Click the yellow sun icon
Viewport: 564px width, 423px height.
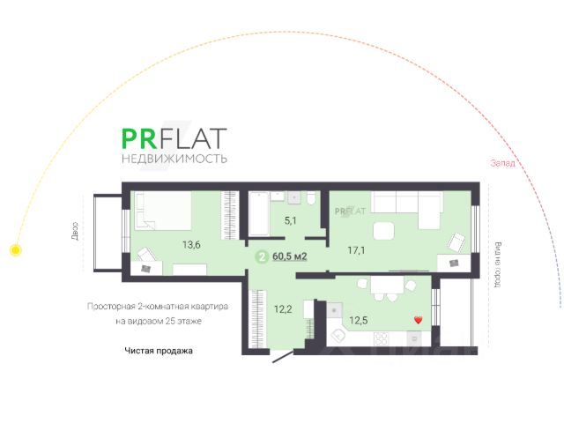pyautogui.click(x=15, y=249)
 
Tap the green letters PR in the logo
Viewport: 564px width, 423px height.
pyautogui.click(x=140, y=139)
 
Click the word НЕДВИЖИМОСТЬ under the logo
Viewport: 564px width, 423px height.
pyautogui.click(x=174, y=159)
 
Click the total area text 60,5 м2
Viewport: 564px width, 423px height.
pyautogui.click(x=290, y=257)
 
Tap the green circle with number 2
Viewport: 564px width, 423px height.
pyautogui.click(x=262, y=257)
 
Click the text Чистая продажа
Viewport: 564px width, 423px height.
pyautogui.click(x=158, y=351)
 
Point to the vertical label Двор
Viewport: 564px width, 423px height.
pyautogui.click(x=78, y=230)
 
